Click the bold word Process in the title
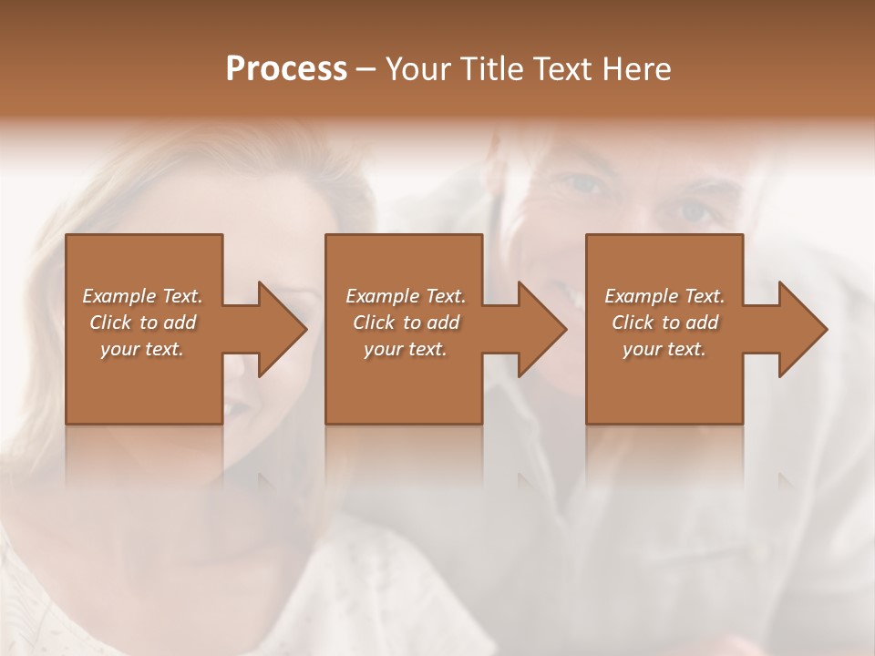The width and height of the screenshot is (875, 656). [x=286, y=69]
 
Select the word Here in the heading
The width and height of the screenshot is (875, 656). [x=636, y=69]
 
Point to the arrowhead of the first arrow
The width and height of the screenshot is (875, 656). [x=283, y=329]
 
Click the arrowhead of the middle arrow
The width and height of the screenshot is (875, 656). [x=543, y=329]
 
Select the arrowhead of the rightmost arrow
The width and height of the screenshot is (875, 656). [x=803, y=329]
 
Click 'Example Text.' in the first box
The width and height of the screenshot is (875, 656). [x=142, y=296]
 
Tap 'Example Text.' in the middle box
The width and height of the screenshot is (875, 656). [x=406, y=296]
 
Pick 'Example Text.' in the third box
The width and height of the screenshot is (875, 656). [x=664, y=296]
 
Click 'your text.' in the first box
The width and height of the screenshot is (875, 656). [x=142, y=349]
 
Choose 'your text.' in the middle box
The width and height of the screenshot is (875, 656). [x=406, y=349]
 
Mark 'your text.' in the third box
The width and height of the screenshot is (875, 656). [x=664, y=349]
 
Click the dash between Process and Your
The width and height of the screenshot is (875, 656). [x=365, y=69]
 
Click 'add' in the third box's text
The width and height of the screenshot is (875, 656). [x=703, y=323]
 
